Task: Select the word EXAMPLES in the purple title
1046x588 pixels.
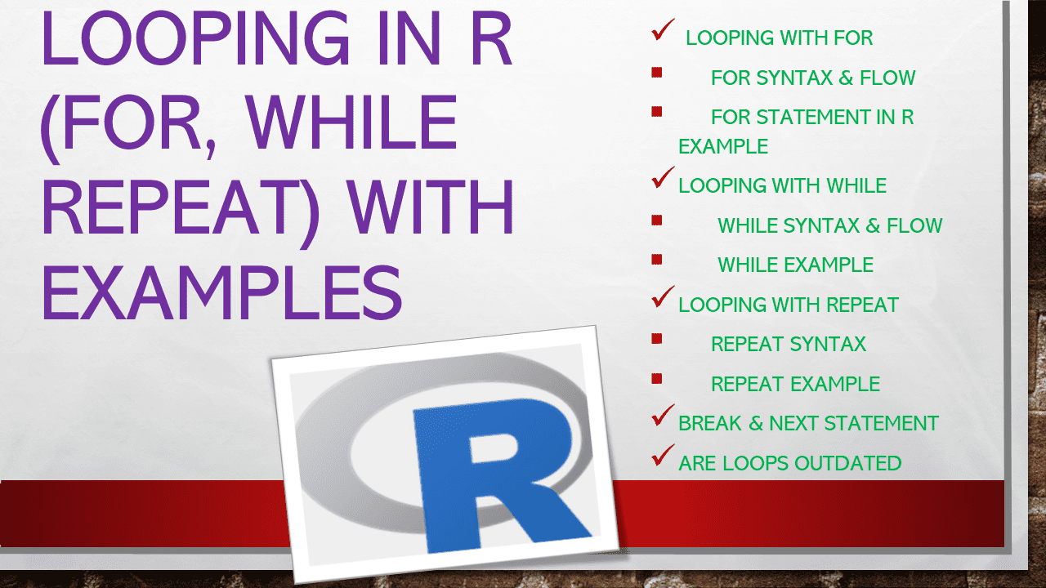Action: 221,292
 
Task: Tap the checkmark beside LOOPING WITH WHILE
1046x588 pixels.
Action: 662,179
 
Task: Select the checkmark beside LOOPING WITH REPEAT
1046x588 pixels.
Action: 662,298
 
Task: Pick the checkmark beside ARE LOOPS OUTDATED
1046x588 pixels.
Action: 662,457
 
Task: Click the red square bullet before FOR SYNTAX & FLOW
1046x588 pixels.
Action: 656,73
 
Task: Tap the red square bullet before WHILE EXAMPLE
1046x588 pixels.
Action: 656,260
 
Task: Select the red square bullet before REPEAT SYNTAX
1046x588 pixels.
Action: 656,339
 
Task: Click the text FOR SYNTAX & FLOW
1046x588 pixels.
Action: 812,78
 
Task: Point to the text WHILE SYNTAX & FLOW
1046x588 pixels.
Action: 829,225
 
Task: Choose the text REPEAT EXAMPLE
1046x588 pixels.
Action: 795,384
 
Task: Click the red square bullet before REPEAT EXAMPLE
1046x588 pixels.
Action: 656,379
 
